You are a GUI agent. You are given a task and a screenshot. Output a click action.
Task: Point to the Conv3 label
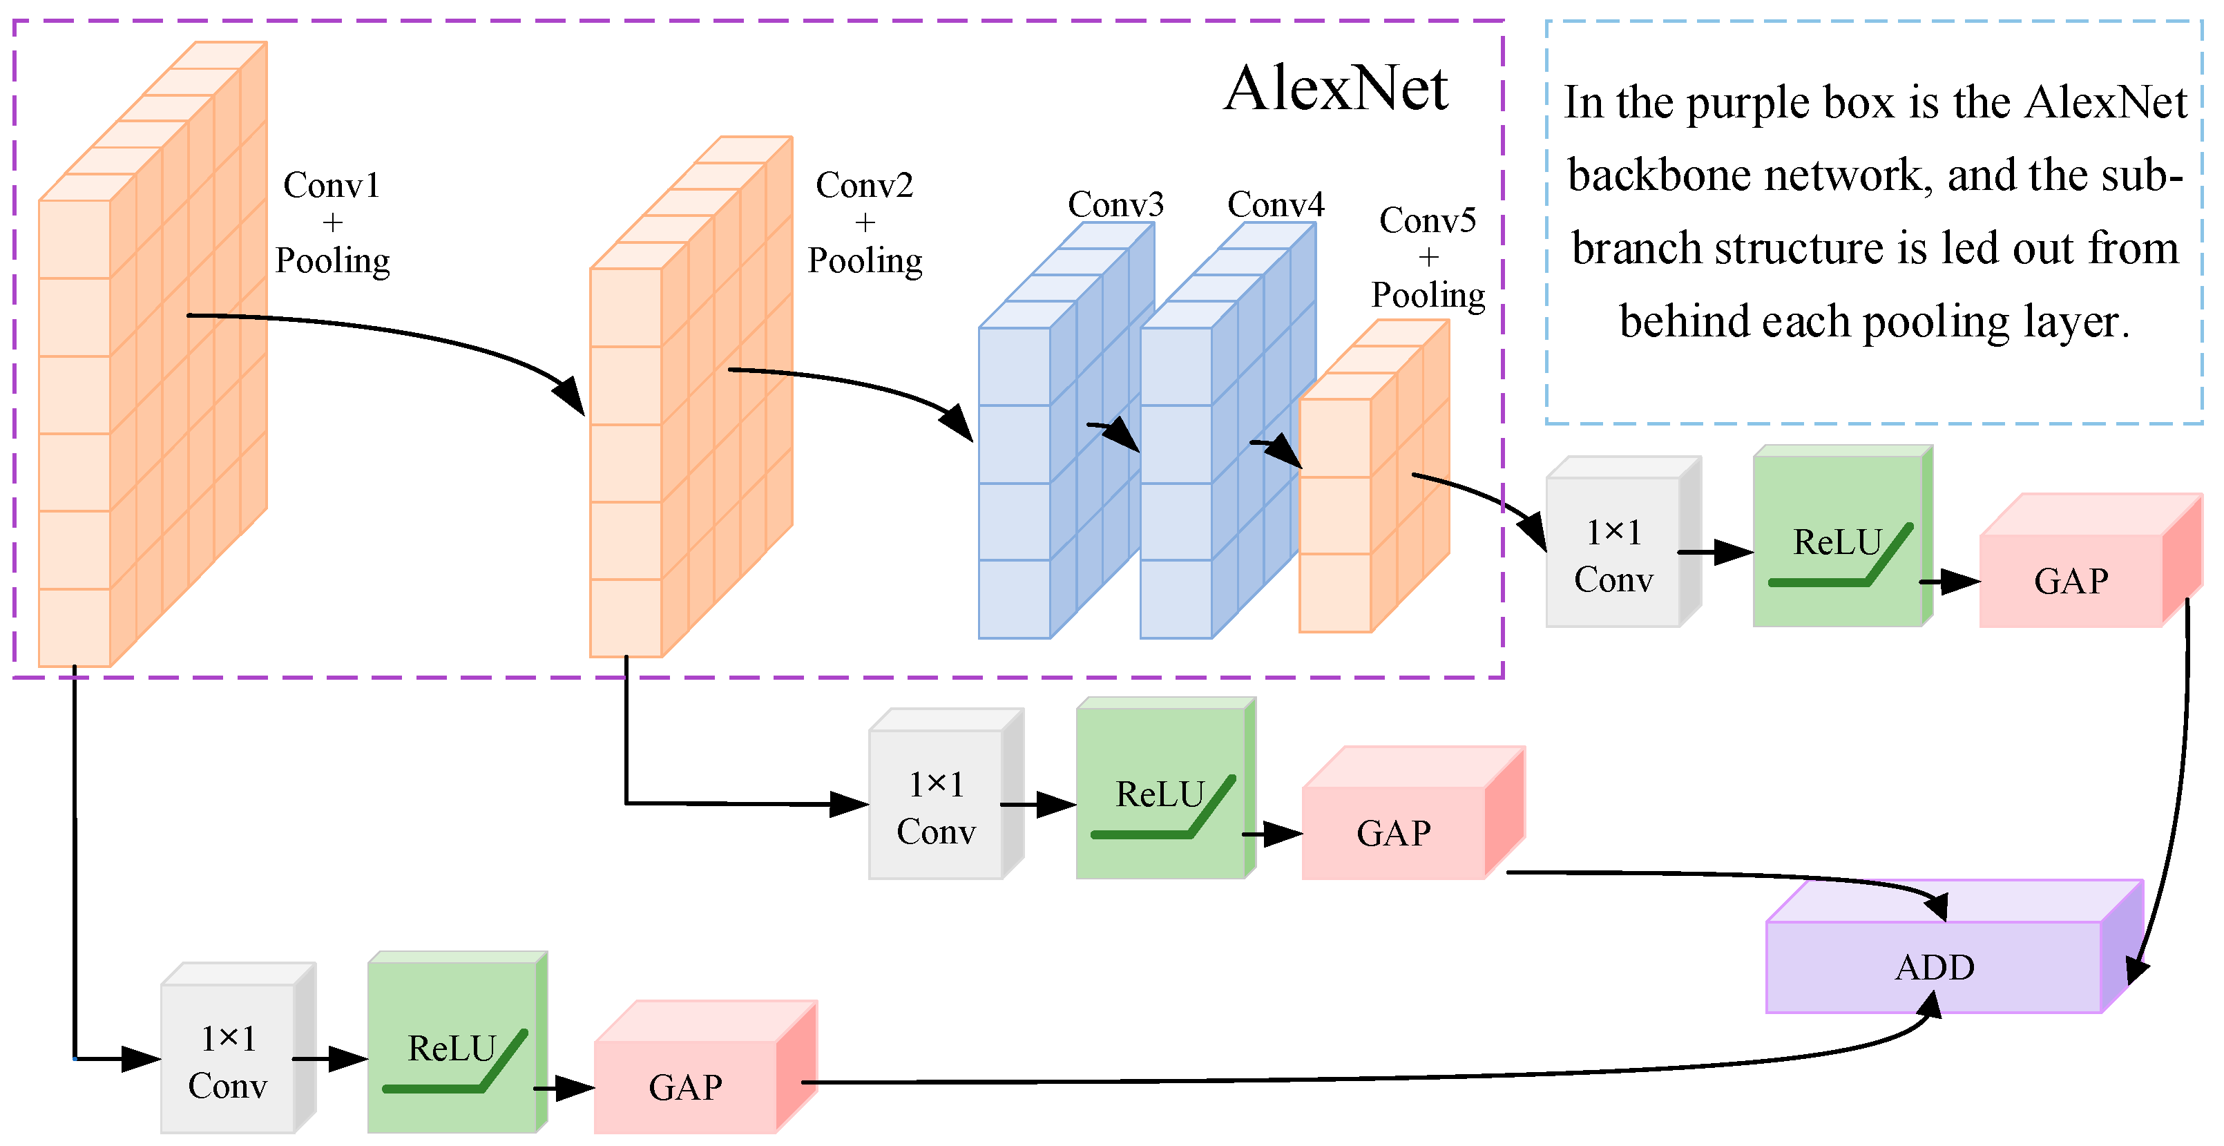pyautogui.click(x=1115, y=204)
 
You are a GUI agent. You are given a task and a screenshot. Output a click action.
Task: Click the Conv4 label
pyautogui.click(x=1275, y=204)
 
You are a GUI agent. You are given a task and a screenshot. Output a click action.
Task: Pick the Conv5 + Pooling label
pyautogui.click(x=1428, y=258)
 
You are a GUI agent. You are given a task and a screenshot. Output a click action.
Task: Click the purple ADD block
pyautogui.click(x=1934, y=967)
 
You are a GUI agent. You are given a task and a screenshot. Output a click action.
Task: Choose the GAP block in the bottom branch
pyautogui.click(x=684, y=1087)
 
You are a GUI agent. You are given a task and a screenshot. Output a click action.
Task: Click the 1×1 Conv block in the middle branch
pyautogui.click(x=936, y=807)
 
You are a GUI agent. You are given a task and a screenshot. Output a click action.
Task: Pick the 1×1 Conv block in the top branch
pyautogui.click(x=1613, y=555)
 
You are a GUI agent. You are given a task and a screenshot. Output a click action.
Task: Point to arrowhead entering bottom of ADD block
pyautogui.click(x=1930, y=1004)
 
